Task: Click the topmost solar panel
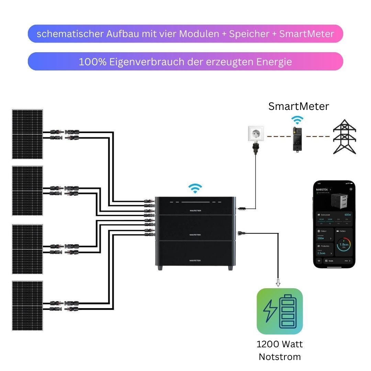(x=27, y=134)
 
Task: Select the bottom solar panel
(x=27, y=306)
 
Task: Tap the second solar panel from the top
(x=27, y=191)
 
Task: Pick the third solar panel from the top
(x=27, y=249)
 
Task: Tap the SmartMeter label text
(x=299, y=106)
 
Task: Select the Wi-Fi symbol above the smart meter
(x=297, y=120)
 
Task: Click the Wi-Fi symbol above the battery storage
(x=195, y=188)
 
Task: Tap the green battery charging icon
(x=280, y=311)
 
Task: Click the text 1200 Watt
(x=280, y=344)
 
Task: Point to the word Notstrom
(x=280, y=357)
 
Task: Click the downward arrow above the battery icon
(x=278, y=283)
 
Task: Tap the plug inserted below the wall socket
(x=256, y=148)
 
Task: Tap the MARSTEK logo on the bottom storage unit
(x=195, y=260)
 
